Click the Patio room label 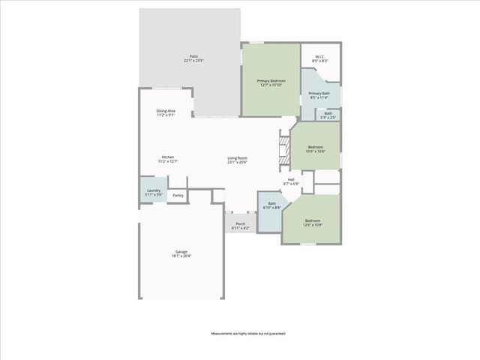tap(193, 56)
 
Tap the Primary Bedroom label tap(271, 80)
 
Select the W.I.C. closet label tap(319, 56)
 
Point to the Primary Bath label tap(319, 94)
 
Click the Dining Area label tap(166, 111)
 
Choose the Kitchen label tap(167, 157)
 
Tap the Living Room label tap(238, 157)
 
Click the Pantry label tap(178, 196)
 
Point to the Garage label tap(181, 251)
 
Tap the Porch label tap(240, 223)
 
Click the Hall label tap(291, 179)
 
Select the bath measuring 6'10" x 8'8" tap(272, 204)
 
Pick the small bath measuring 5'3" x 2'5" tap(328, 115)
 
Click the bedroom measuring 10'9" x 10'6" tap(316, 148)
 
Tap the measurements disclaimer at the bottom tap(247, 333)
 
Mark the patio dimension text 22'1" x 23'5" tap(193, 60)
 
